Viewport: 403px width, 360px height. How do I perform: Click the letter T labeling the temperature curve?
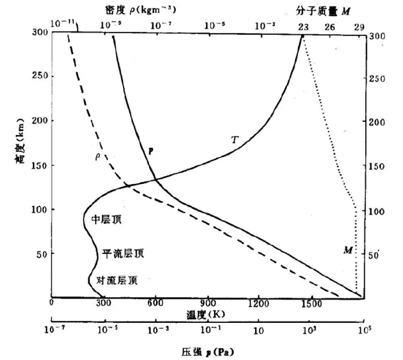(235, 140)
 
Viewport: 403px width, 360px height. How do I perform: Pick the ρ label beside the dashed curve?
(97, 156)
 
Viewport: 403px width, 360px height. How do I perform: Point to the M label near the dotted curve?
(348, 250)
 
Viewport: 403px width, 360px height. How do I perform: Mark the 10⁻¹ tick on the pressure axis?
(208, 329)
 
